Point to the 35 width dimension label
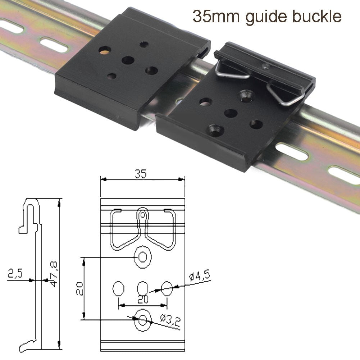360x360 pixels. click(141, 174)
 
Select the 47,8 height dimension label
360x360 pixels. click(54, 275)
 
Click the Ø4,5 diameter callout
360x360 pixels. click(199, 277)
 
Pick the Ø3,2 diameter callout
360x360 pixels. click(169, 320)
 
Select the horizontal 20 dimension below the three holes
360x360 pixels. click(143, 299)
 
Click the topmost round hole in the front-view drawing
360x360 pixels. click(143, 257)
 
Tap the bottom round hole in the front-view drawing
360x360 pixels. click(143, 319)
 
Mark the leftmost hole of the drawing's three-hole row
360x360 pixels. click(119, 288)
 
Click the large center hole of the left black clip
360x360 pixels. click(127, 60)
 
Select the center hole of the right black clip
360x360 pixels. click(231, 113)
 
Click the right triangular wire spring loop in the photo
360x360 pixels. click(287, 95)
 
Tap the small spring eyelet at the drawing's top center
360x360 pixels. click(143, 215)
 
